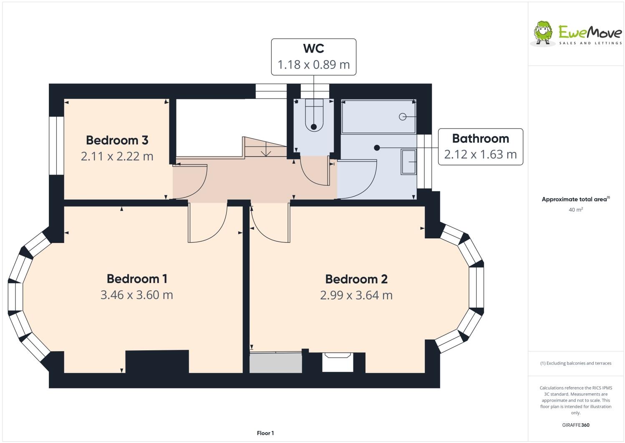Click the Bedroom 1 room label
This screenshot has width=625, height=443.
tap(137, 278)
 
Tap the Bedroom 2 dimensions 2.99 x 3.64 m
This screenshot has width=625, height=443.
tap(356, 295)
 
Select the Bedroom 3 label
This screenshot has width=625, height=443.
tap(117, 140)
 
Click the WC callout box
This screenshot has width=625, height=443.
tap(313, 57)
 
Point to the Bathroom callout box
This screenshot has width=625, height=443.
tap(480, 147)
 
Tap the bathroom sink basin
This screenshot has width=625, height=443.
tap(408, 162)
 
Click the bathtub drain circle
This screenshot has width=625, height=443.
tap(403, 116)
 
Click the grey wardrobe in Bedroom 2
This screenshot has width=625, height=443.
tap(276, 363)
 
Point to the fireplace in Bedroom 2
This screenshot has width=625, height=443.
tap(338, 362)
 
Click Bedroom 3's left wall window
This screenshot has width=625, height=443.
tap(56, 145)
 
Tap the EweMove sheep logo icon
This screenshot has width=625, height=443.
tap(543, 32)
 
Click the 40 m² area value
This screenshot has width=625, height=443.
tap(575, 210)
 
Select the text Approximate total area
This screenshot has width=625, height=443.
tap(574, 200)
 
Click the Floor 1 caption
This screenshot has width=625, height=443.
tap(265, 433)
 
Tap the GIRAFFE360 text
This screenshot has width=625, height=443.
tap(575, 425)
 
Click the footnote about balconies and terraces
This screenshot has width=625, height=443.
tap(575, 363)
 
